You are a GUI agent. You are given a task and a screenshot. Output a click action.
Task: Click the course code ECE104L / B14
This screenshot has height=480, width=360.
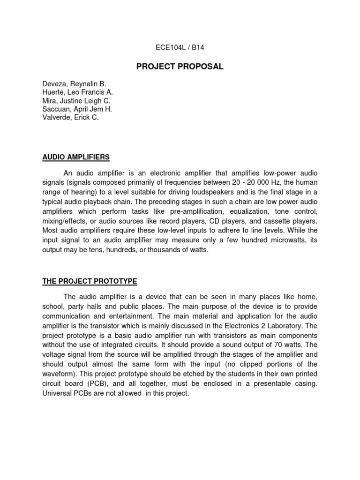[x=180, y=47]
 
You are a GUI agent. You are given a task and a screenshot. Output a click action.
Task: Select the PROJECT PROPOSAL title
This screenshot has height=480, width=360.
[x=180, y=67]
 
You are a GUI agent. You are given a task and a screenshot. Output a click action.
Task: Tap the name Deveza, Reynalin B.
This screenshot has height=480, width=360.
[x=74, y=84]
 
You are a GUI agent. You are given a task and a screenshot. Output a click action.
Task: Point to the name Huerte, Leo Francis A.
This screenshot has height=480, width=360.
[x=78, y=92]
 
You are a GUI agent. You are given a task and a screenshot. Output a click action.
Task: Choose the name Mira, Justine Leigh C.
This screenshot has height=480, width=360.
[x=76, y=101]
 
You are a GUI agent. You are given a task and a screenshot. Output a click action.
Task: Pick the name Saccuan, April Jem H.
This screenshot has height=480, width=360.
[x=77, y=109]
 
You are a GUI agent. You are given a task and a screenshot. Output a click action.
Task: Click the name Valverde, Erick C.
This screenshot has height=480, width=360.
[x=71, y=118]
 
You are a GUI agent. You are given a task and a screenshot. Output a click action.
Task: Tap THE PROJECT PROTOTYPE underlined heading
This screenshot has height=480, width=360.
[x=90, y=281]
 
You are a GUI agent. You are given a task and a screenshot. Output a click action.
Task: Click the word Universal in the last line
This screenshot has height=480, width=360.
[x=58, y=393]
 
